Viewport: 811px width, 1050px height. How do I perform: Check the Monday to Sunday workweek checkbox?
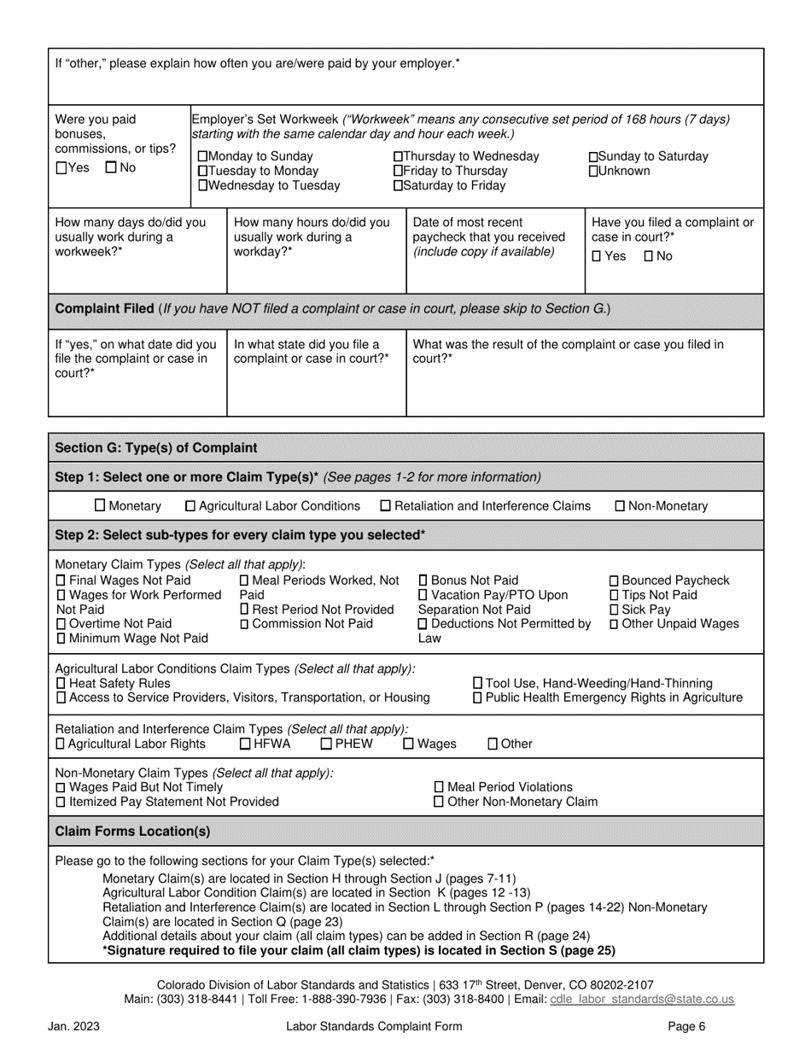pyautogui.click(x=202, y=157)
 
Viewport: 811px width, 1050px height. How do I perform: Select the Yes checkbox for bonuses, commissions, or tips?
pyautogui.click(x=60, y=168)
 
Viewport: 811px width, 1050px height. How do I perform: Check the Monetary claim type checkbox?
pyautogui.click(x=100, y=505)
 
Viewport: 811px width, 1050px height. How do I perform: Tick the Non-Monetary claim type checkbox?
pyautogui.click(x=620, y=506)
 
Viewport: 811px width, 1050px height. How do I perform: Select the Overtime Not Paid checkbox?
pyautogui.click(x=60, y=624)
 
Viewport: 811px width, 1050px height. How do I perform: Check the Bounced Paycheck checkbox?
pyautogui.click(x=614, y=581)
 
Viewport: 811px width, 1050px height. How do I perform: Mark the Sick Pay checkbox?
pyautogui.click(x=614, y=610)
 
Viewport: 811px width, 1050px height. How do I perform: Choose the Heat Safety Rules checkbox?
pyautogui.click(x=60, y=684)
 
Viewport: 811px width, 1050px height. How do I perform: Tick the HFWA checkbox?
pyautogui.click(x=246, y=744)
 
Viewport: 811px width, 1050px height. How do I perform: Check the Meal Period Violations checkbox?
pyautogui.click(x=440, y=787)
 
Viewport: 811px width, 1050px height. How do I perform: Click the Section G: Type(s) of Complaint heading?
pyautogui.click(x=155, y=448)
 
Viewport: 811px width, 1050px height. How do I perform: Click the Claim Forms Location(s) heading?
pyautogui.click(x=132, y=831)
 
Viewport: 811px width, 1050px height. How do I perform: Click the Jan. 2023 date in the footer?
pyautogui.click(x=70, y=1028)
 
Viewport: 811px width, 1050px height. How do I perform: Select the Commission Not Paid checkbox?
pyautogui.click(x=245, y=624)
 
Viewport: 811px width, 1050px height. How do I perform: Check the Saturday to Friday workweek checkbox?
pyautogui.click(x=398, y=186)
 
